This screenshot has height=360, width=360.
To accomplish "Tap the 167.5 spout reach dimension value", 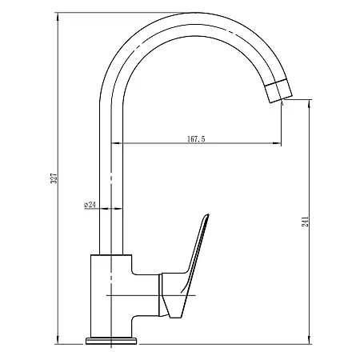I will pyautogui.click(x=197, y=139).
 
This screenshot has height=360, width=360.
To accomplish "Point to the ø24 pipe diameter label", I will pyautogui.click(x=90, y=206).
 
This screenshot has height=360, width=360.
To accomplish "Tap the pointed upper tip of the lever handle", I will pyautogui.click(x=207, y=215).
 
